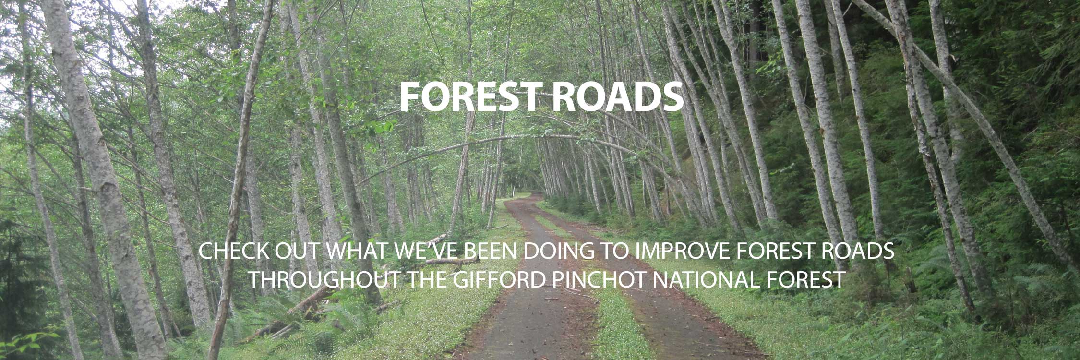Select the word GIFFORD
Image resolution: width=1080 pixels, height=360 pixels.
pyautogui.click(x=499, y=279)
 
